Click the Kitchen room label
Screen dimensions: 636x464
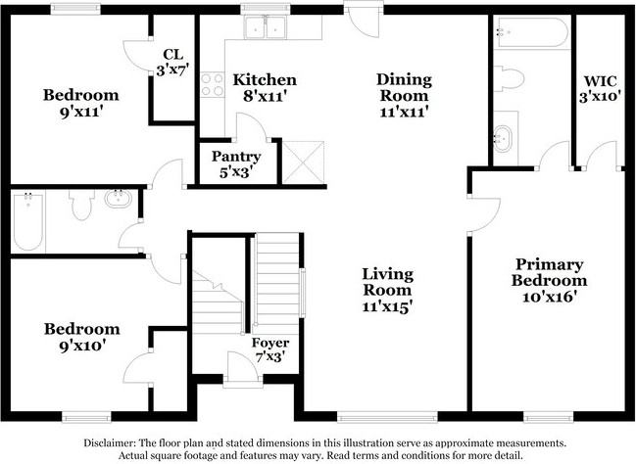tap(265, 79)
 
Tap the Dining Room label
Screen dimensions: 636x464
tap(405, 87)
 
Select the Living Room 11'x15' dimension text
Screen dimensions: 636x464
tap(388, 306)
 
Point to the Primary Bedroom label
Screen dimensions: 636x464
tap(549, 272)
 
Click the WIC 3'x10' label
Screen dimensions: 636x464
tap(601, 89)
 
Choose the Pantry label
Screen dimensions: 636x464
tap(236, 157)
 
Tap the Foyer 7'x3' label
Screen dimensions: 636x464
tap(270, 349)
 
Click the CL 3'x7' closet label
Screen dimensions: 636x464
tap(173, 63)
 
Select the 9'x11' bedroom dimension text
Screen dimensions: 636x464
tap(80, 112)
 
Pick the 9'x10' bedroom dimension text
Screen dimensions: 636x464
tap(82, 346)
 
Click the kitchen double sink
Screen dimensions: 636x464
tap(266, 28)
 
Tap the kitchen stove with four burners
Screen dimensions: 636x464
tap(213, 84)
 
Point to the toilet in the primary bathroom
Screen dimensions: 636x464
tap(509, 78)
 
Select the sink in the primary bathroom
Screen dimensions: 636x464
tap(503, 139)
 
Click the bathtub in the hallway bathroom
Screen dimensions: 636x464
tap(28, 222)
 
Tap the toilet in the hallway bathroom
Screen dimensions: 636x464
tap(81, 205)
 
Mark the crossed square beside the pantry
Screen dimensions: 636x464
tap(304, 162)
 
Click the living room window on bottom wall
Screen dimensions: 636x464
tap(387, 417)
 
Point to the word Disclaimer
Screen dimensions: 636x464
tap(110, 442)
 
